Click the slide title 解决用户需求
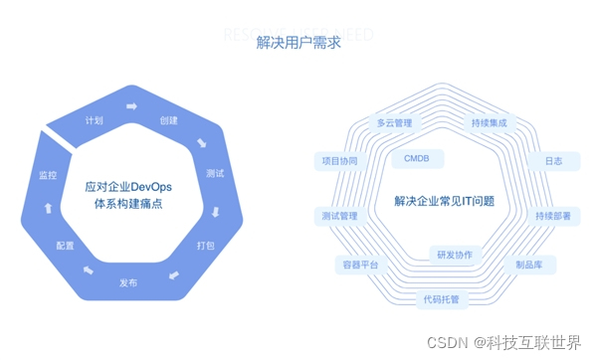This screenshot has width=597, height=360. pyautogui.click(x=298, y=42)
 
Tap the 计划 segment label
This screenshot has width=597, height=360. pyautogui.click(x=95, y=121)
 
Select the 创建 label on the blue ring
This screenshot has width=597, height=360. pyautogui.click(x=169, y=121)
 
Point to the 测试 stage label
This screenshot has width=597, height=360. pyautogui.click(x=215, y=174)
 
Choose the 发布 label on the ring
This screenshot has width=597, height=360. pyautogui.click(x=128, y=283)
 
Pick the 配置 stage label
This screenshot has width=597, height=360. pyautogui.click(x=65, y=245)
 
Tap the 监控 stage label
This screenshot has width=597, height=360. pyautogui.click(x=48, y=175)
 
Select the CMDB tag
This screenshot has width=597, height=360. pyautogui.click(x=417, y=158)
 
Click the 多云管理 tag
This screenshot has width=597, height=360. pyautogui.click(x=394, y=123)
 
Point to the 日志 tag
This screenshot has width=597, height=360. pyautogui.click(x=552, y=160)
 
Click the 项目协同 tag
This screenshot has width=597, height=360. pyautogui.click(x=340, y=160)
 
